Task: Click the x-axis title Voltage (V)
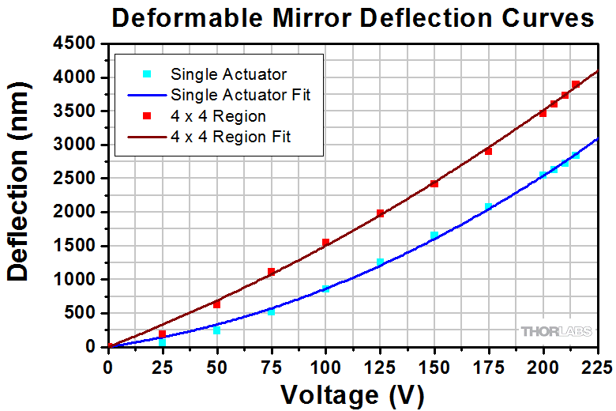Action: tap(352, 393)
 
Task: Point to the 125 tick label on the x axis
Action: tap(380, 367)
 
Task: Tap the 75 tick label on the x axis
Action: tap(271, 367)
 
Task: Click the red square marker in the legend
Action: tap(147, 116)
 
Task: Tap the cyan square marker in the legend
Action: tap(147, 74)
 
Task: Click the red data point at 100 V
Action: tap(325, 243)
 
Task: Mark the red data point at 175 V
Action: tap(488, 151)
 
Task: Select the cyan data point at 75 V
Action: tap(271, 312)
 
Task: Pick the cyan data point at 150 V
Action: tap(434, 236)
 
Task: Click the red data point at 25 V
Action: tap(163, 334)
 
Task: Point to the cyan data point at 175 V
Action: tap(488, 207)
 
